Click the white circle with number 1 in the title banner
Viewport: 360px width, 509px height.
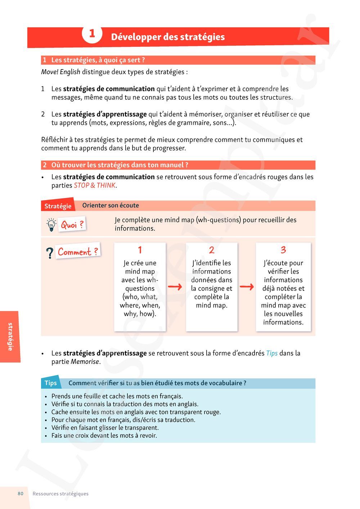(92, 34)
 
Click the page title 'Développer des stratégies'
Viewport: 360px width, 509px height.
(168, 37)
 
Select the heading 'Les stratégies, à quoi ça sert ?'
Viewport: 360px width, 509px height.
(98, 60)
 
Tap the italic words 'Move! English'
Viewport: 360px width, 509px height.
(60, 72)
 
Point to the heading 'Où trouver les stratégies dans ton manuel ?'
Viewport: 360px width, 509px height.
(120, 165)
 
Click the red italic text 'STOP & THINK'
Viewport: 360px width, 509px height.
(95, 186)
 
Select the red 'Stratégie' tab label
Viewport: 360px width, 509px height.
(58, 206)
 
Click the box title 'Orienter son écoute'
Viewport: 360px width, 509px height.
(111, 206)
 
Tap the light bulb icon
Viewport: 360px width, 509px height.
(51, 225)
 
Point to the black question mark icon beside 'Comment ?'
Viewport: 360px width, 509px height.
(50, 253)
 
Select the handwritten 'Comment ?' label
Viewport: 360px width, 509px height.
(78, 252)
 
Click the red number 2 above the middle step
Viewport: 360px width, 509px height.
(212, 250)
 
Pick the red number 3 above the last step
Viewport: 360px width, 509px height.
(283, 250)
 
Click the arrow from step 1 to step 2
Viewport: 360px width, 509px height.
(175, 287)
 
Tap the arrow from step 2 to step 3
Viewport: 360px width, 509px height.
(247, 287)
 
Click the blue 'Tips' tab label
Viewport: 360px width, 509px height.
(51, 383)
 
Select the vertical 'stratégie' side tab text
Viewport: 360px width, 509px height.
(10, 337)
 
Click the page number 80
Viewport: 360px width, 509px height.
(21, 494)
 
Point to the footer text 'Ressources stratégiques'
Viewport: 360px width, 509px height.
(60, 494)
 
